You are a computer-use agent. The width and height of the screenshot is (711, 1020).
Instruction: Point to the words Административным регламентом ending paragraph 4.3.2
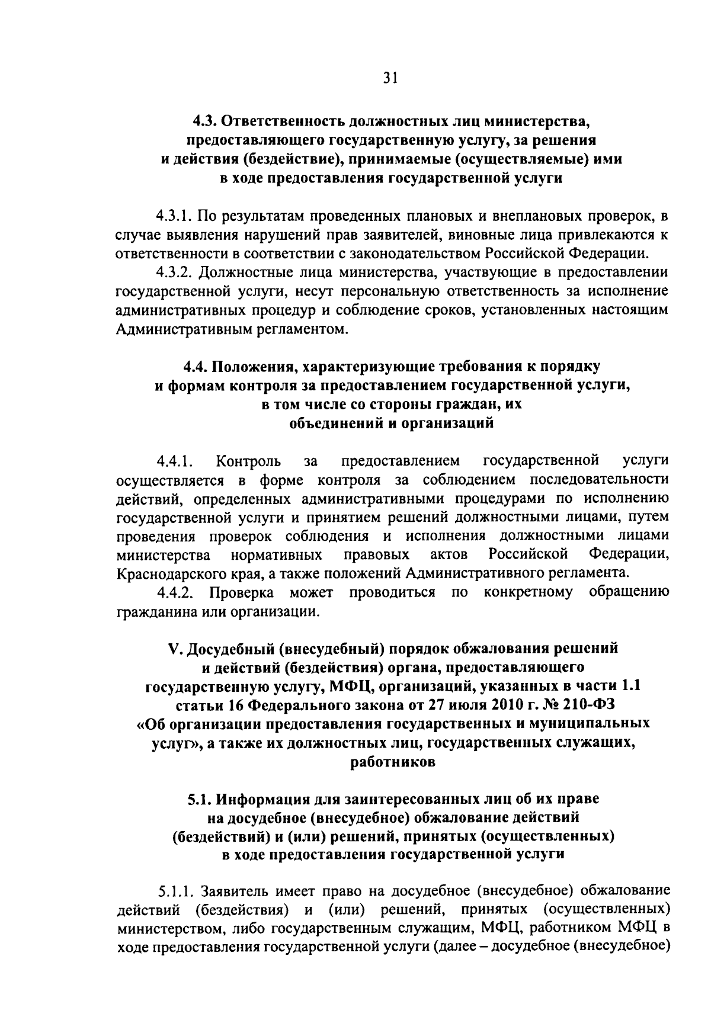click(230, 329)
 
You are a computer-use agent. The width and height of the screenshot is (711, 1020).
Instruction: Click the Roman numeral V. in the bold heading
click(174, 648)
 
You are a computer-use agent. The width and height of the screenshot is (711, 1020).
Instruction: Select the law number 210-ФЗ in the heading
click(587, 705)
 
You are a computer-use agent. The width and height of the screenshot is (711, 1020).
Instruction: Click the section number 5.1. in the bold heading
click(200, 799)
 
